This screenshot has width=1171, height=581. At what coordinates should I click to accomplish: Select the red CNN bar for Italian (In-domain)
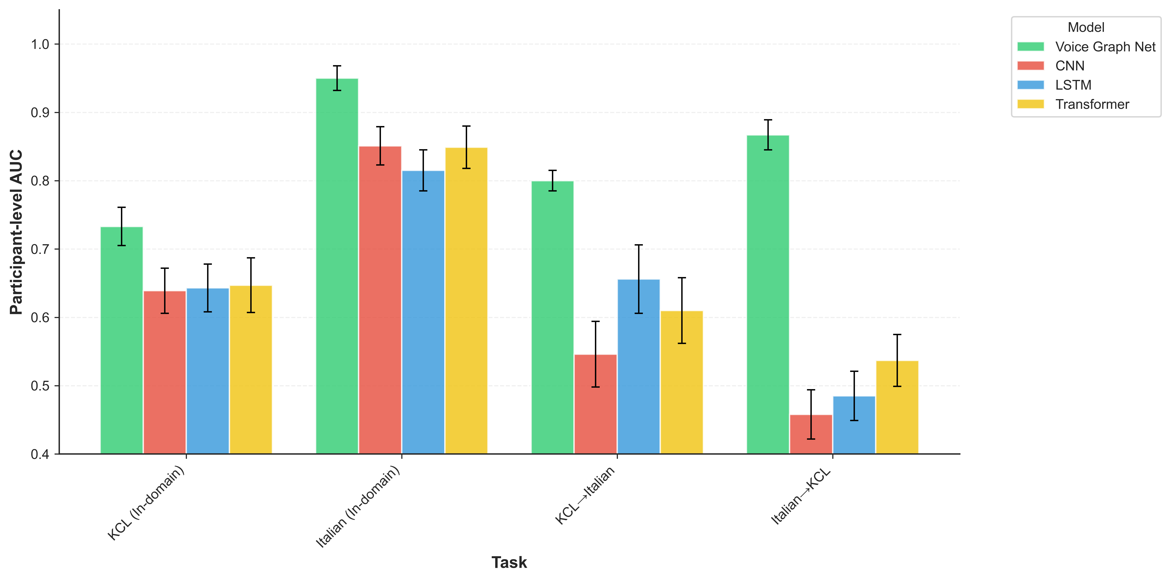[380, 300]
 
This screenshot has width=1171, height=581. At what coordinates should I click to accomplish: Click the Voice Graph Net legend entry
[1105, 47]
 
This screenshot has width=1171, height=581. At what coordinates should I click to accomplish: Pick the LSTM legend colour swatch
[1031, 85]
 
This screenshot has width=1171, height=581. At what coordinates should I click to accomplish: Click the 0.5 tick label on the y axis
[40, 386]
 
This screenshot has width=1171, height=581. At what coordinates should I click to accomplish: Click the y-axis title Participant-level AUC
[16, 232]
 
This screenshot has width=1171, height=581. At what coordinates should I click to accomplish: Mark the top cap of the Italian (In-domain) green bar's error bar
[337, 66]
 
